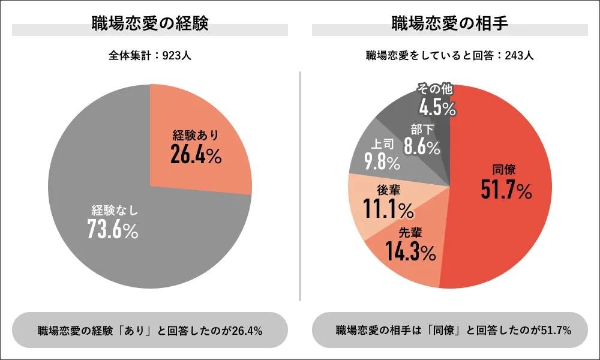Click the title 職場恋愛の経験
pyautogui.click(x=150, y=24)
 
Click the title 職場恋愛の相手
pyautogui.click(x=449, y=24)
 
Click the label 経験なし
pyautogui.click(x=115, y=211)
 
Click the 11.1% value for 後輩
pyautogui.click(x=388, y=209)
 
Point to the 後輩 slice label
pyautogui.click(x=389, y=190)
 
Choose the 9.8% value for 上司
pyautogui.click(x=382, y=162)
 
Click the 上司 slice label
pyautogui.click(x=383, y=145)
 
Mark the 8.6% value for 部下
pyautogui.click(x=422, y=146)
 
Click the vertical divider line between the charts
pyautogui.click(x=299, y=186)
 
